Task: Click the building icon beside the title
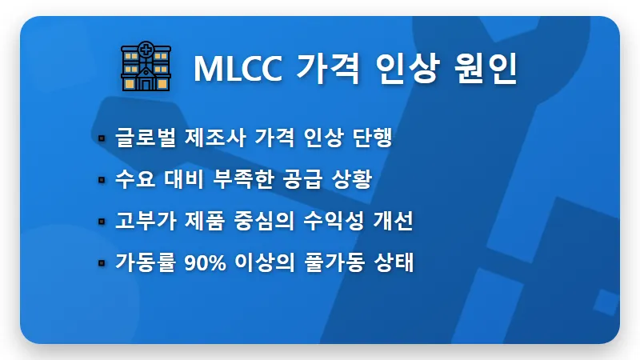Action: (x=146, y=66)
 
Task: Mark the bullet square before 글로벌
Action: (x=102, y=139)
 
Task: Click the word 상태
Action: (x=393, y=262)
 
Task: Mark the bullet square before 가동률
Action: (x=102, y=263)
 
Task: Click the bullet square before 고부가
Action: (x=102, y=222)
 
